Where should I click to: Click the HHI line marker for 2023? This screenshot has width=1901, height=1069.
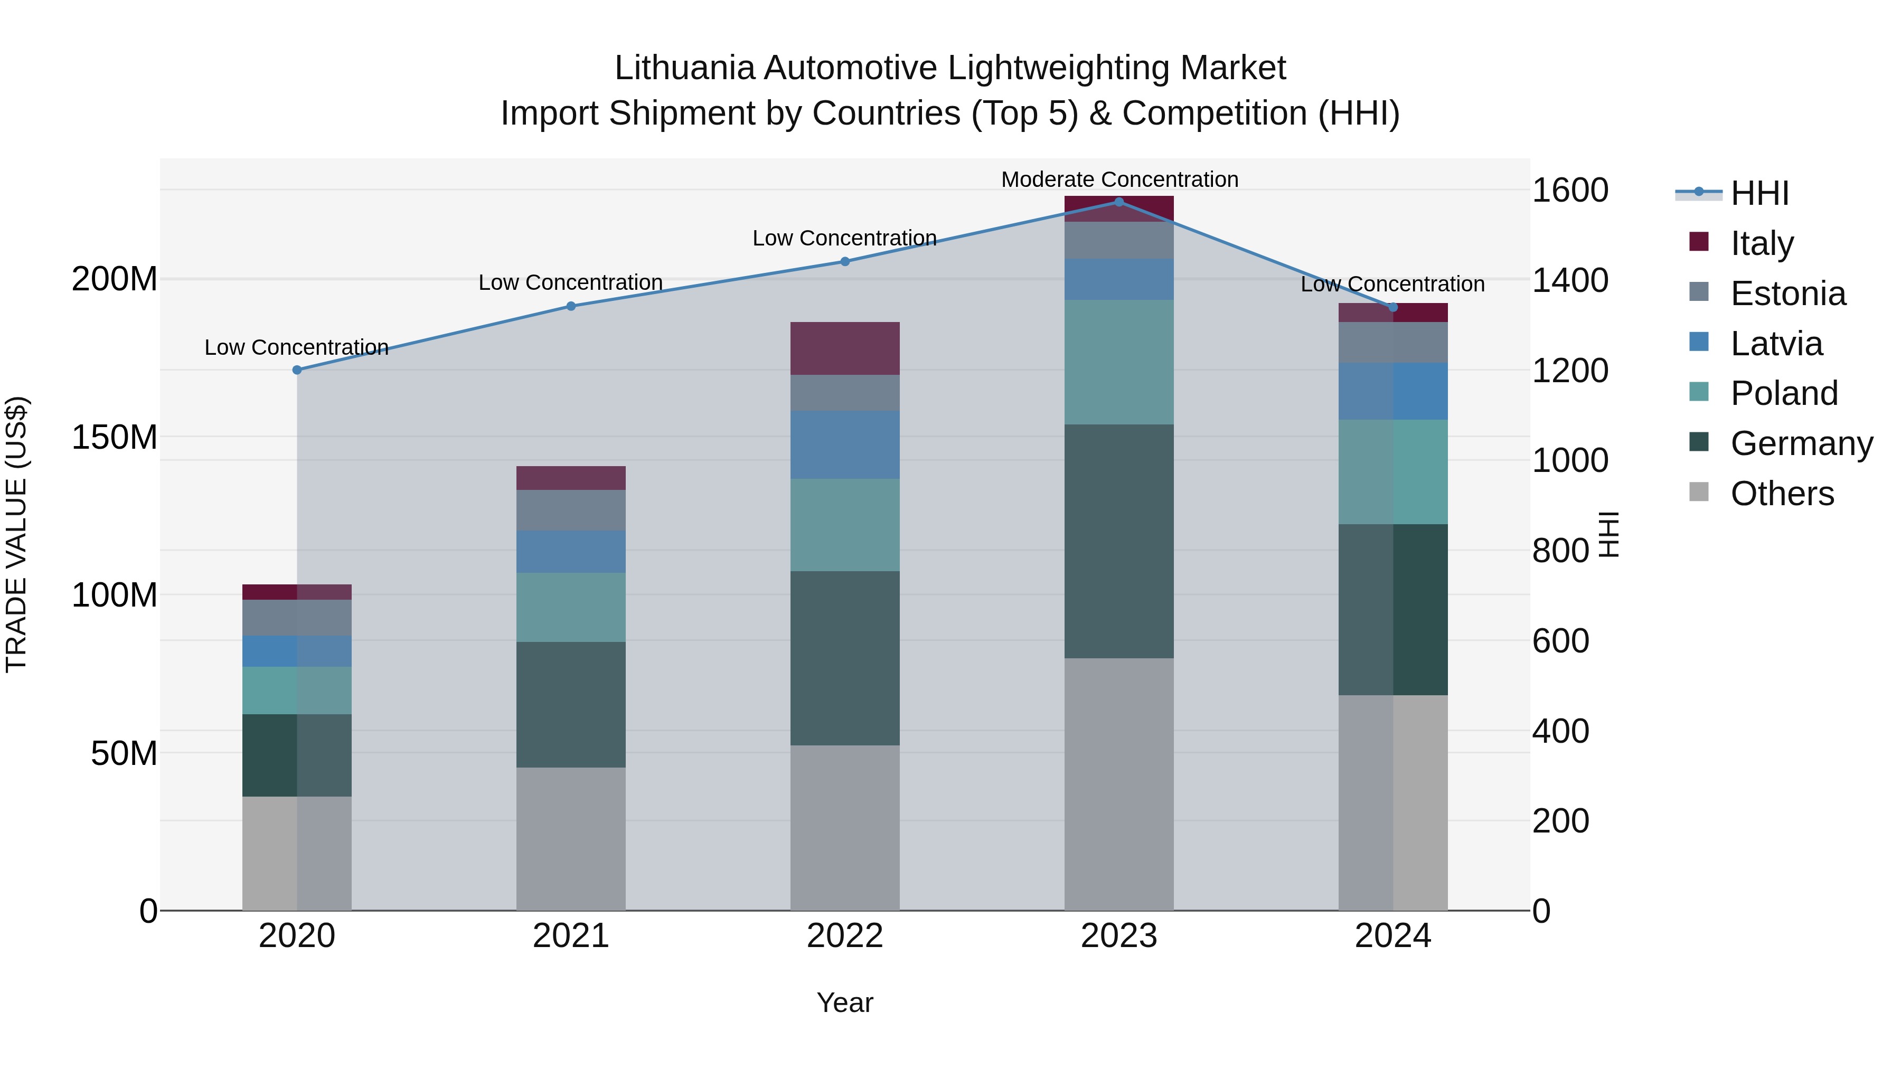(1119, 202)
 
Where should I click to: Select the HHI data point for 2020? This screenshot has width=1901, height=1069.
(297, 370)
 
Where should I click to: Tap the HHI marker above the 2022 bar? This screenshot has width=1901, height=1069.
(845, 261)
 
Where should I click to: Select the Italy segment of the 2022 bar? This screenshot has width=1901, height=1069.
(845, 348)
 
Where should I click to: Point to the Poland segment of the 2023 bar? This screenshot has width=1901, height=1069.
(1119, 362)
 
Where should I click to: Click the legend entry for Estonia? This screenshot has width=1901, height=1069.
(1787, 293)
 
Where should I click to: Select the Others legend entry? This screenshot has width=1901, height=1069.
(1782, 493)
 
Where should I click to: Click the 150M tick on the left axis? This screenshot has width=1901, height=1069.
(115, 437)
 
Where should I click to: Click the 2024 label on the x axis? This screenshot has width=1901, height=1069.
(1392, 935)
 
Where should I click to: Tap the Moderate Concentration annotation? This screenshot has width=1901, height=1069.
(1119, 179)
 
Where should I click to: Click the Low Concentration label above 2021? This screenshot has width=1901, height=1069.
(570, 282)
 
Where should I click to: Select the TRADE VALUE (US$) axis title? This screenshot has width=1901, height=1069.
(16, 534)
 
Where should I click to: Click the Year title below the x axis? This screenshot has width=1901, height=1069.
(845, 1002)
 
